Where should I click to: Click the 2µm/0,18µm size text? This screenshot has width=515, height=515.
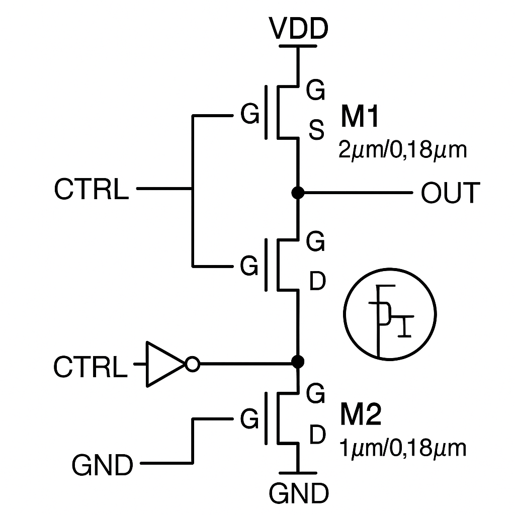pyautogui.click(x=403, y=150)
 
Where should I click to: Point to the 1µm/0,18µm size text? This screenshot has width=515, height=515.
pyautogui.click(x=403, y=448)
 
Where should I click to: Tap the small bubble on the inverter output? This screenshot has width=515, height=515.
pyautogui.click(x=193, y=364)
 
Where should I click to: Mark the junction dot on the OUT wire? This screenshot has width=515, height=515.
pyautogui.click(x=298, y=192)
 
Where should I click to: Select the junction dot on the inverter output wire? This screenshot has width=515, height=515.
pyautogui.click(x=298, y=361)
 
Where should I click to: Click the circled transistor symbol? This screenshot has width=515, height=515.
pyautogui.click(x=390, y=315)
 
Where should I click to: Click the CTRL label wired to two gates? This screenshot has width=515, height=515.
pyautogui.click(x=91, y=190)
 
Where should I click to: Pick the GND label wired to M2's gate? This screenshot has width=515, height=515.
pyautogui.click(x=103, y=465)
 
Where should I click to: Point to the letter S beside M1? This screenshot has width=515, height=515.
pyautogui.click(x=316, y=132)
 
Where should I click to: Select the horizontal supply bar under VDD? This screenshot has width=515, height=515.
pyautogui.click(x=298, y=46)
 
